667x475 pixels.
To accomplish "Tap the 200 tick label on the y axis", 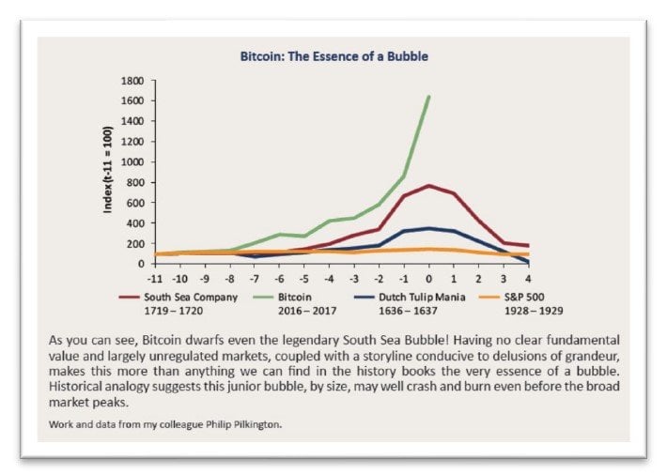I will point(132,243).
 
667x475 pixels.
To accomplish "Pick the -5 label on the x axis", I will point(302,278).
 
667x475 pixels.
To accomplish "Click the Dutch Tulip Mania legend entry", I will point(411,297).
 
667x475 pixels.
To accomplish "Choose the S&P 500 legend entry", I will point(518,297).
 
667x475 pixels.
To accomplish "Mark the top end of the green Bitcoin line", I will point(429,96).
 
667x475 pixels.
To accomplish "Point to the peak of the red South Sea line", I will point(428,186).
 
